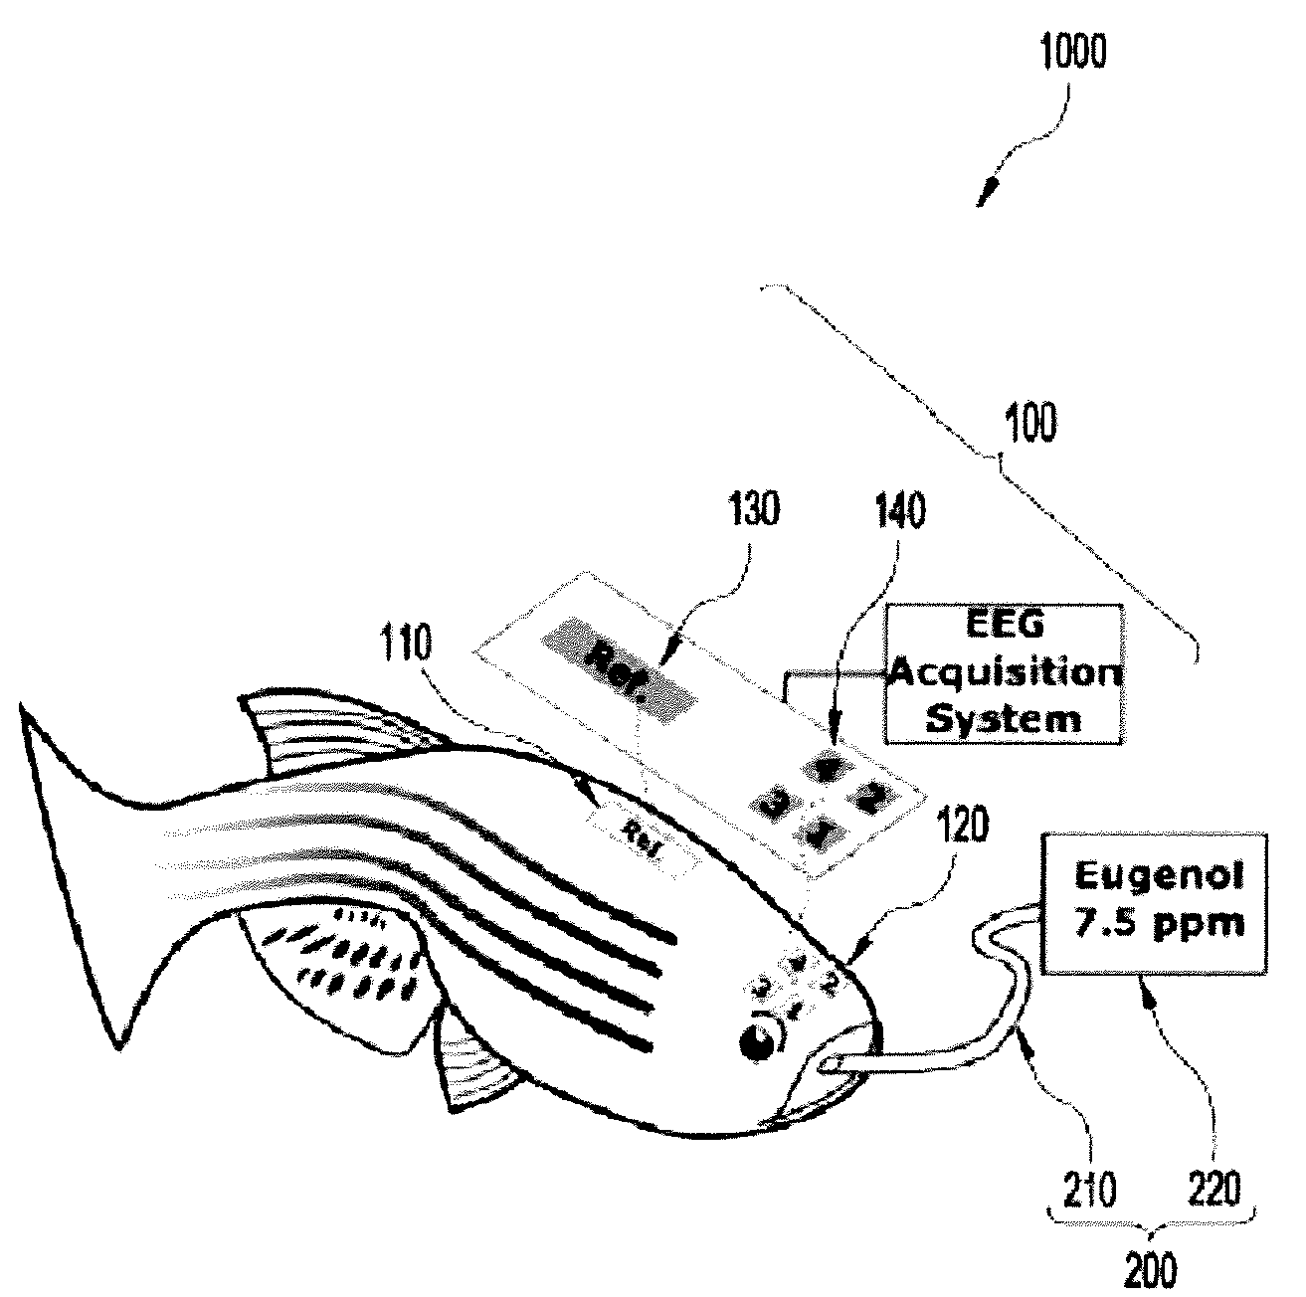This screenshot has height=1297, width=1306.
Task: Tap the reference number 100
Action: pyautogui.click(x=1030, y=424)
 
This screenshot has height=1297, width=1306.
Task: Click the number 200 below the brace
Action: pyautogui.click(x=1153, y=1270)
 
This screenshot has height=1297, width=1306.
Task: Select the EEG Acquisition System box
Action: pyautogui.click(x=1006, y=673)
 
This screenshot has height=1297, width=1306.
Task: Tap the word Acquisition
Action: pyautogui.click(x=1006, y=674)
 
